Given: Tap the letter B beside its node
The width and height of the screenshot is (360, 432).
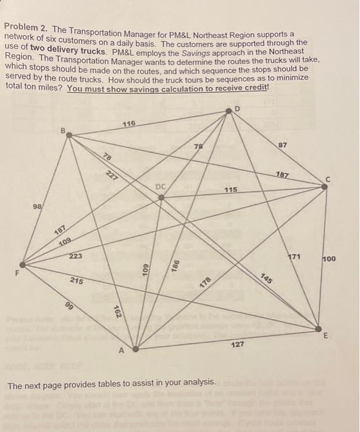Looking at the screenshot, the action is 62,131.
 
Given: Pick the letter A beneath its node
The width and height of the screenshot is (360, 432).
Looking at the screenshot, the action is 122,351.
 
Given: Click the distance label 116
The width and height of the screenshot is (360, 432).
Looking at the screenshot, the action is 128,124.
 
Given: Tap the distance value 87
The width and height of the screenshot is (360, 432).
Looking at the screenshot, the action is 283,145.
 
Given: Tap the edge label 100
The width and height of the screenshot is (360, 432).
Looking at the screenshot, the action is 329,259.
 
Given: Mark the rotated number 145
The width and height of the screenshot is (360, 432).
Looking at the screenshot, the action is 267,278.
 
